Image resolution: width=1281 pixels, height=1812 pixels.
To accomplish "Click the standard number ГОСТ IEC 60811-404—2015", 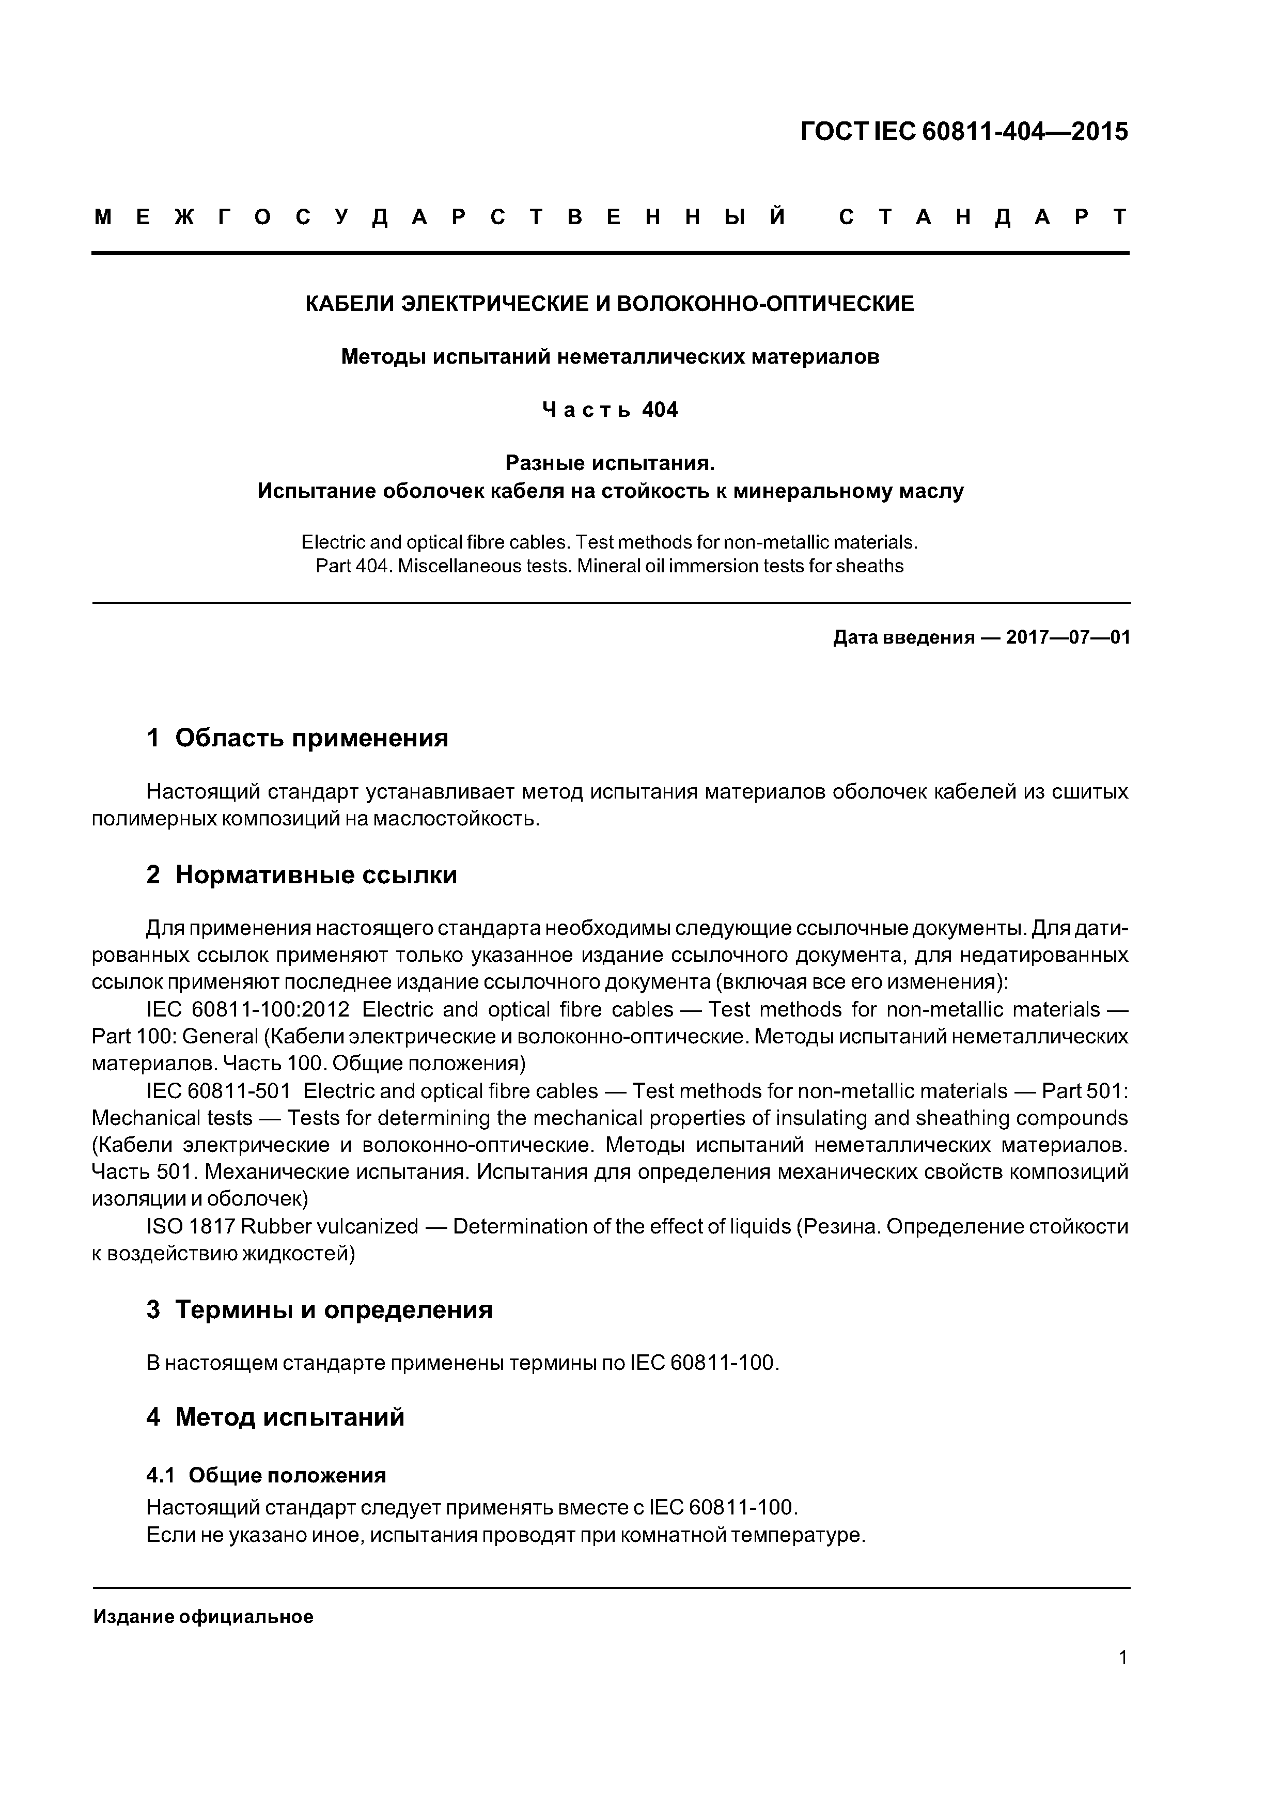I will click(964, 131).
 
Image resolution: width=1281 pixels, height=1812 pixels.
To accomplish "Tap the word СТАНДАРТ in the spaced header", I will click(983, 217).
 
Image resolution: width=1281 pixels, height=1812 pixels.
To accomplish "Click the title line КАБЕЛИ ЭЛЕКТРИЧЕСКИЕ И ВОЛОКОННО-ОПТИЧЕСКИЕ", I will click(610, 304).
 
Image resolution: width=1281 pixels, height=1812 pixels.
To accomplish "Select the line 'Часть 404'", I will click(610, 410).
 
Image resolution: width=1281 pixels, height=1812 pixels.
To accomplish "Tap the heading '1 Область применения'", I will click(297, 738).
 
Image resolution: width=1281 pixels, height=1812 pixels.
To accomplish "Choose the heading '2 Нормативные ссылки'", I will click(302, 875).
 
